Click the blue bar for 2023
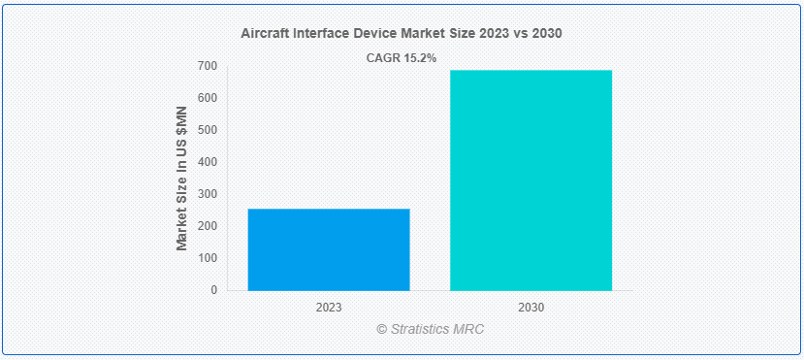point(329,249)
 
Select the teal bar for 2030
point(531,180)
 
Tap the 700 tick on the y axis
point(208,66)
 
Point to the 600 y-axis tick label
point(208,98)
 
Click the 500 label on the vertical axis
point(208,130)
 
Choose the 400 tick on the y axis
point(208,162)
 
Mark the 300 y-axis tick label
point(208,194)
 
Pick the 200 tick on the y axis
point(208,226)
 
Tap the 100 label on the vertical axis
point(208,258)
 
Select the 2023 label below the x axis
point(329,307)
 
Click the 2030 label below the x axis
point(531,307)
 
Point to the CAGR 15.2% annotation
point(401,58)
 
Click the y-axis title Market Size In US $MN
point(181,179)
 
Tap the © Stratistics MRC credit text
point(430,329)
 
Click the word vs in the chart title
point(522,33)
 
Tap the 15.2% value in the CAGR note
point(418,58)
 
